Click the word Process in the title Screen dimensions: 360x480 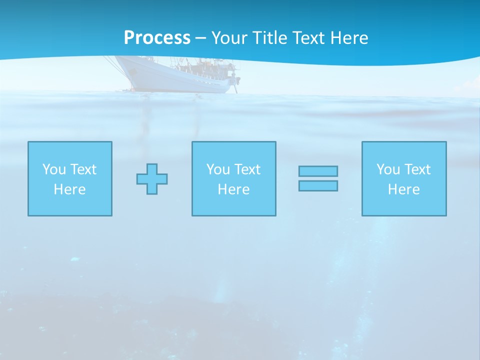[x=157, y=38]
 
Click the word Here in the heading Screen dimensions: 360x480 [x=350, y=38]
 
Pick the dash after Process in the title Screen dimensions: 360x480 [x=200, y=38]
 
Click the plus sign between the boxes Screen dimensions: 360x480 [x=152, y=178]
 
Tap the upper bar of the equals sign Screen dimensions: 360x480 [x=318, y=171]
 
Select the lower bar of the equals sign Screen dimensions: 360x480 [x=318, y=185]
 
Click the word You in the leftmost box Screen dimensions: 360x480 [x=54, y=169]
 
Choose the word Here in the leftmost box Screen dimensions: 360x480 [x=69, y=189]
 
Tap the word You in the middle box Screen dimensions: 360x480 [x=218, y=169]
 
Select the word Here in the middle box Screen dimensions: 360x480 [x=233, y=189]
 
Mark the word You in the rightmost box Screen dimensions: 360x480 [x=388, y=169]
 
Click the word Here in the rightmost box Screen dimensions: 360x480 [x=403, y=189]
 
